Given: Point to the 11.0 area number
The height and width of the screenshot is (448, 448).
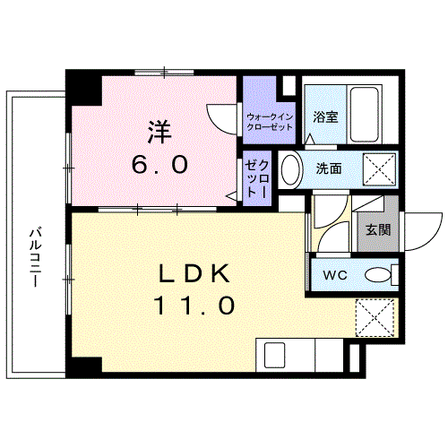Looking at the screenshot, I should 195,306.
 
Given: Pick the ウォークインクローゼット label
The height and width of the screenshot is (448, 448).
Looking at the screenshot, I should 270,123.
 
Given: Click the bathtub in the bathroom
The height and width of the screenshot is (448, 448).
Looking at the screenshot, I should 365,115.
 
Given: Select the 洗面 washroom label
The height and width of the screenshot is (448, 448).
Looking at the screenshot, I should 328,168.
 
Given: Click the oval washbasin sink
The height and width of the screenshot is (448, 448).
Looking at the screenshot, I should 289,168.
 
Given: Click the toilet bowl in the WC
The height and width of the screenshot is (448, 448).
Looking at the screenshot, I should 380,274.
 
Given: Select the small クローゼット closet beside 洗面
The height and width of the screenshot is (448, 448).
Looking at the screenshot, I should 257,177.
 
